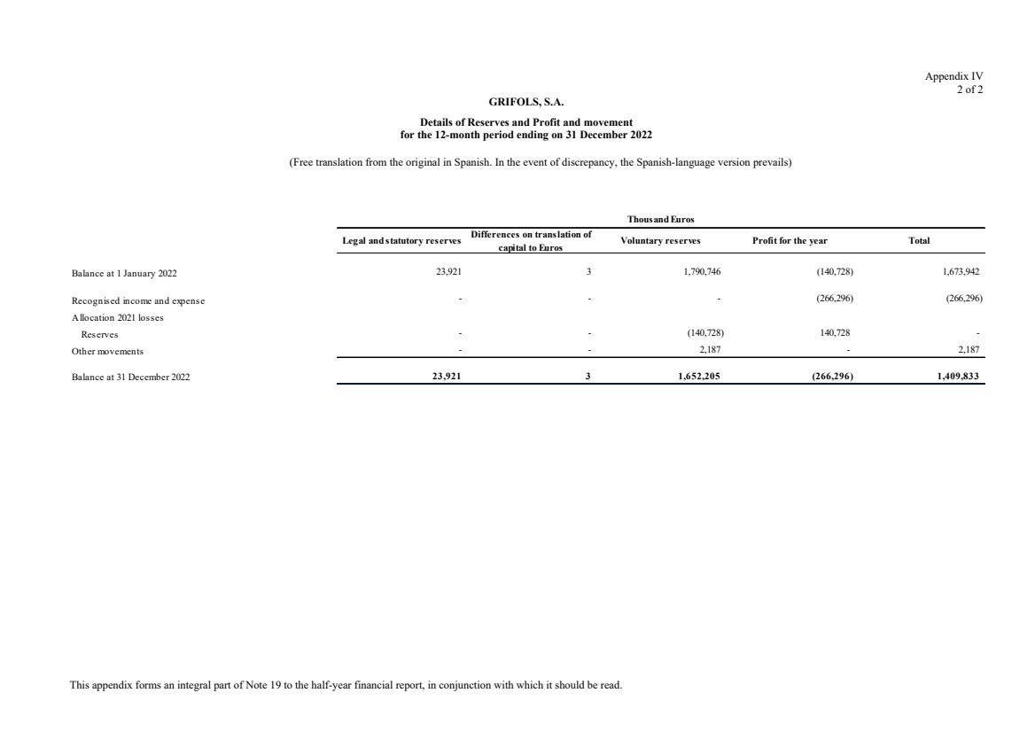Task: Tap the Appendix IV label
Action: (953, 77)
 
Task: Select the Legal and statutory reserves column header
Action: (402, 241)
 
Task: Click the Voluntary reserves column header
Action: (661, 241)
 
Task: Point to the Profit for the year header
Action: (790, 241)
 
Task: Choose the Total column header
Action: (919, 241)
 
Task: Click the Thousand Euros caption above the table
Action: (660, 219)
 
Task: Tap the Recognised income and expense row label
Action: (137, 301)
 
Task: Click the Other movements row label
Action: (107, 350)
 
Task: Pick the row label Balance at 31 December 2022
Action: (130, 377)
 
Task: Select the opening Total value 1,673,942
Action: (962, 273)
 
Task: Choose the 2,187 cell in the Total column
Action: (969, 350)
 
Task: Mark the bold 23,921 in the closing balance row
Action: (446, 377)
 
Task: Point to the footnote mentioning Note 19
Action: (346, 685)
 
